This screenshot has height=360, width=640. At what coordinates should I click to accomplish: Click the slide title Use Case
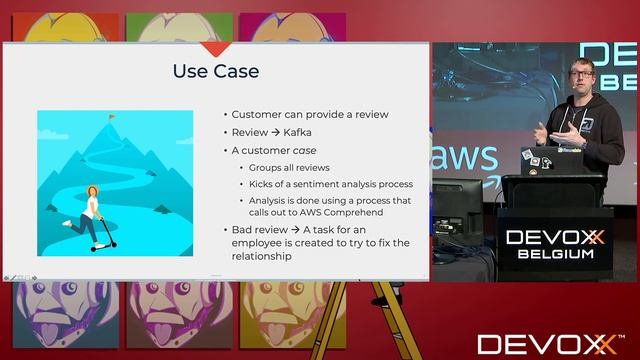(x=216, y=71)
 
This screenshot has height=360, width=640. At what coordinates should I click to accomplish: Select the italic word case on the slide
(x=321, y=150)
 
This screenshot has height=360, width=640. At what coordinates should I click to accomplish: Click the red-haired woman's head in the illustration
(x=92, y=192)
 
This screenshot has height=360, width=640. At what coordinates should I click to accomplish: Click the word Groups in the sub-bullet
(x=266, y=167)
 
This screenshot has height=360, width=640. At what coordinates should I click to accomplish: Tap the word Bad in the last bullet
(x=243, y=229)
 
